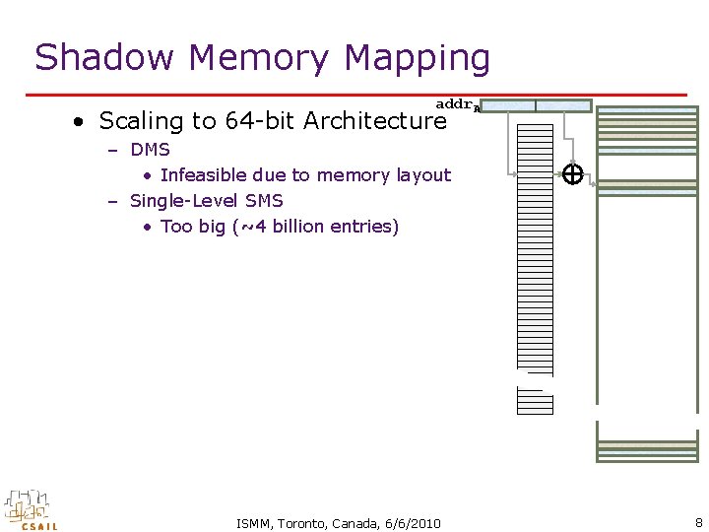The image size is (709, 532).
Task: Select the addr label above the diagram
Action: (x=456, y=103)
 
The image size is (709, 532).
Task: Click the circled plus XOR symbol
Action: (x=572, y=174)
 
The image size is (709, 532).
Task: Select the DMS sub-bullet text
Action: (x=150, y=150)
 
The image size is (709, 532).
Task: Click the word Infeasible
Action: (x=206, y=175)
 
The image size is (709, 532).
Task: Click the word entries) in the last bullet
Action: (x=363, y=227)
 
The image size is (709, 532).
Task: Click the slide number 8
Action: (x=698, y=523)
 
